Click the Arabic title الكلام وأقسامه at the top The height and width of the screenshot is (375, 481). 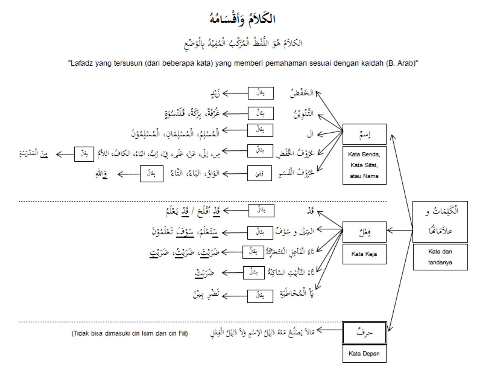242,18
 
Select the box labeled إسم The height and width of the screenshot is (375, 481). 364,134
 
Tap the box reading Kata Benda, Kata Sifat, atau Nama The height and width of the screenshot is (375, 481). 364,165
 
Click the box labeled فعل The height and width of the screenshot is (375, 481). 364,232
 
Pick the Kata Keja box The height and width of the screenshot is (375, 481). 364,254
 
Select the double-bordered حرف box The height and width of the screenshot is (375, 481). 364,333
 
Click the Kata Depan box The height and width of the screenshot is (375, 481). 364,354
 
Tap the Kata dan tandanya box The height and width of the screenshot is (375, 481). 440,257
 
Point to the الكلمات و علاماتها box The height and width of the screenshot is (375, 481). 440,222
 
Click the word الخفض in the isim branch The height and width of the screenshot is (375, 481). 302,93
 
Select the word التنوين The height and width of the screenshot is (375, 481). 303,114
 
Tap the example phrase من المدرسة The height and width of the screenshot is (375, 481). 33,154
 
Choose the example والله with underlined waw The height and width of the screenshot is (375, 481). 101,174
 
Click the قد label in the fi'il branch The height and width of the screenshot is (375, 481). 311,211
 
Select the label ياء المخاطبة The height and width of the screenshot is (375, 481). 297,293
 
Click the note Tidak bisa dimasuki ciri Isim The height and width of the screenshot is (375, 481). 130,333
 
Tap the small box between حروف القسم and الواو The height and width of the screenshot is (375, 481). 259,173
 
